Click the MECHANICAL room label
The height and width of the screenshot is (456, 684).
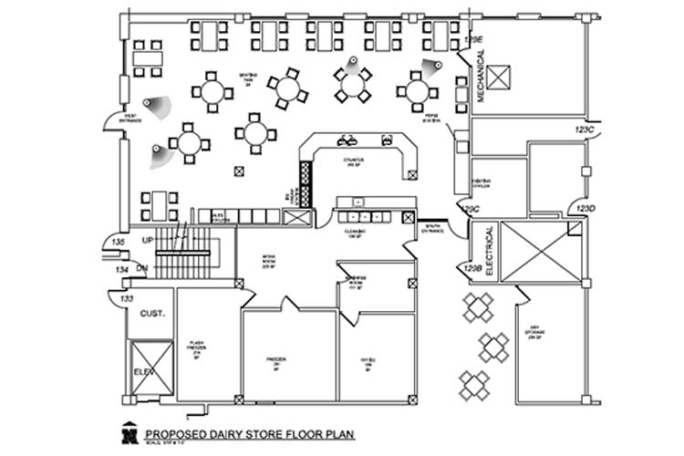481,76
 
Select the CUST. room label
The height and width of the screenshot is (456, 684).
151,314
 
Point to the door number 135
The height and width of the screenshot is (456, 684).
118,242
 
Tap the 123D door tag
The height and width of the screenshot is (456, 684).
585,209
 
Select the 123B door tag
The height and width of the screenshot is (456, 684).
472,268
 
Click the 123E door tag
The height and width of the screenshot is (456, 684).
472,40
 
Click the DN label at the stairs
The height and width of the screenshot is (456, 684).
142,268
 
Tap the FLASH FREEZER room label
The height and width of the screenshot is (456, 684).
196,348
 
